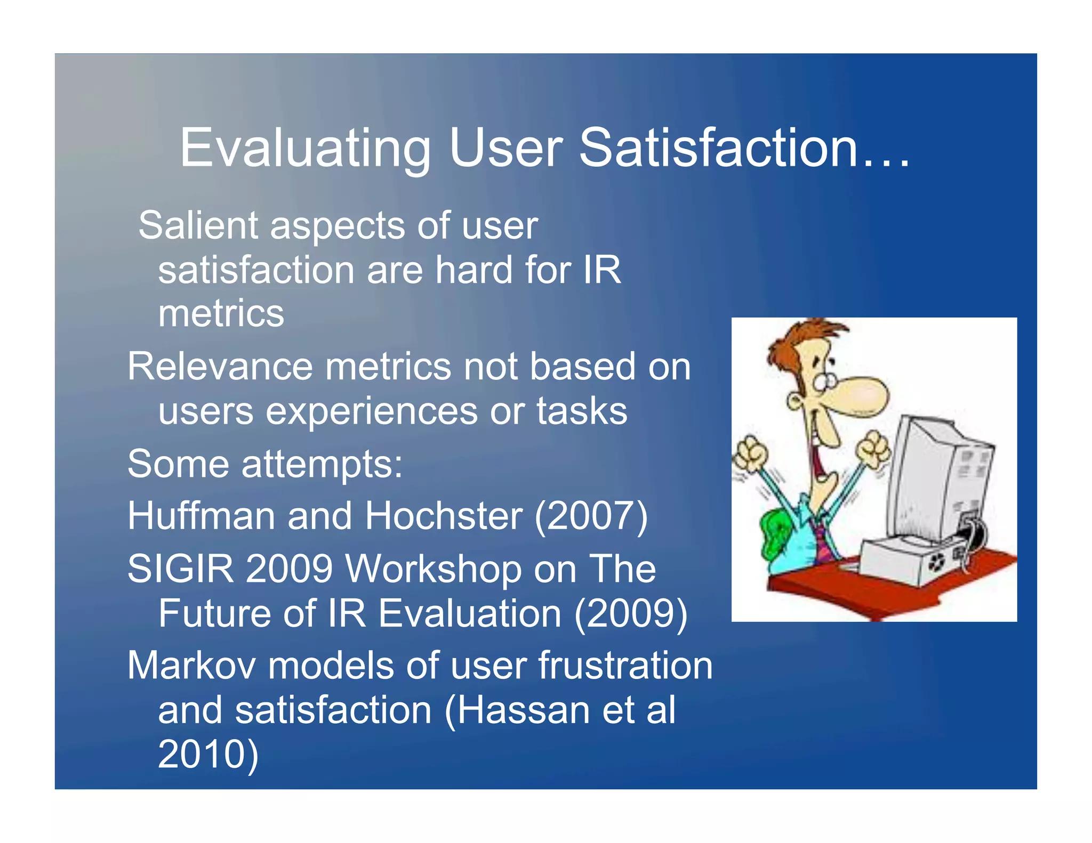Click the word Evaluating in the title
pos(305,149)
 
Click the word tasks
pos(582,411)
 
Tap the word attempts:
pos(322,464)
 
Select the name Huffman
pos(201,516)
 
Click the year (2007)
pos(591,516)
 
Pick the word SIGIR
pos(180,569)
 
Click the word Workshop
pos(433,569)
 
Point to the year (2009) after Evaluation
pos(630,613)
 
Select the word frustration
pos(625,666)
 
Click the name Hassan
pos(523,710)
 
